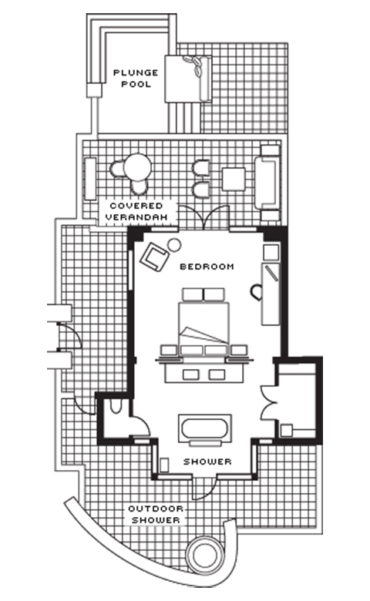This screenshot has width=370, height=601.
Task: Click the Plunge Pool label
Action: pos(136,78)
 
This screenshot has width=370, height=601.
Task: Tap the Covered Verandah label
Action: pos(136,211)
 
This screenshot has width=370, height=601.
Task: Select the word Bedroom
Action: pos(207,267)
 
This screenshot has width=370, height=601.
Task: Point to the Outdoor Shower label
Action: pos(156,515)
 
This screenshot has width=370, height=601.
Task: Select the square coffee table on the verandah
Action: pos(234,179)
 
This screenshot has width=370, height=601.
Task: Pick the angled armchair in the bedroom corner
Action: pos(154,255)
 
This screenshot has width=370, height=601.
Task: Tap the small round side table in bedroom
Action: pos(174,244)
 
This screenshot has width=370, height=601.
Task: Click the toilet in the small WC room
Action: pos(115,406)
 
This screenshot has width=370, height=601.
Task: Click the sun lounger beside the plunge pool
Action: pos(188,79)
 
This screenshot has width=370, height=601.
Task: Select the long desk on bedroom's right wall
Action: pos(271,294)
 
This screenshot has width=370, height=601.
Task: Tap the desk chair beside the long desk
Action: pos(256,292)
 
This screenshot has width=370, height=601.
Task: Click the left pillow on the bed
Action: pos(193,295)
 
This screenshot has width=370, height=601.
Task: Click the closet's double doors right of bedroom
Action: pos(269,401)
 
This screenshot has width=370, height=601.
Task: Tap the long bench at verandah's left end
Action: pos(90,179)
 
